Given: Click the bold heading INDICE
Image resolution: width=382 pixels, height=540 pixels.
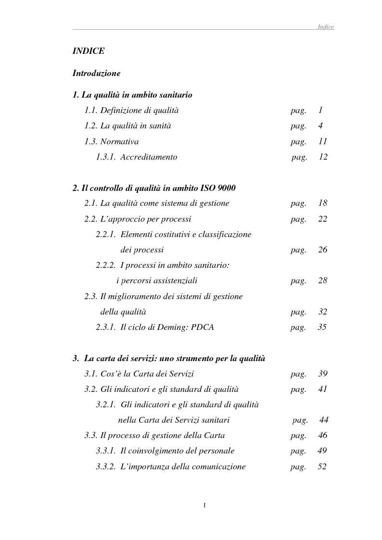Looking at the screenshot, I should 89,51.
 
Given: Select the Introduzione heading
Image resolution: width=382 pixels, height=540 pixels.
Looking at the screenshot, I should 96,74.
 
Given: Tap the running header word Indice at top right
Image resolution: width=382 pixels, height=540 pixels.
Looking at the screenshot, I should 326,27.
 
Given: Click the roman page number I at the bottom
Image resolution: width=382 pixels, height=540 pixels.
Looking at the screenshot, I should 204,505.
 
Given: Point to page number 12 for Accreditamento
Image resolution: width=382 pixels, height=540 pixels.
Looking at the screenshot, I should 323,157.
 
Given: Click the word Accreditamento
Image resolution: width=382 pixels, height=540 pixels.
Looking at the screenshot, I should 149,157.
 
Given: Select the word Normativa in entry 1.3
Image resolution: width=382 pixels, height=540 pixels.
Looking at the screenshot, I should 119,142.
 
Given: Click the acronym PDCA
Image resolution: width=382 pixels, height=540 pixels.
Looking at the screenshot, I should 202,327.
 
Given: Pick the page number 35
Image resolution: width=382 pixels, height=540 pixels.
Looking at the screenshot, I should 322,327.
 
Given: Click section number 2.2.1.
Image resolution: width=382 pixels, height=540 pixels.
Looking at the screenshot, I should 105,235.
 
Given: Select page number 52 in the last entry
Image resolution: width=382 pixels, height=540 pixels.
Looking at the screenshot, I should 322,467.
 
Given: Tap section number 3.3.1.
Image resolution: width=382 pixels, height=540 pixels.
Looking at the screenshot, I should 105,451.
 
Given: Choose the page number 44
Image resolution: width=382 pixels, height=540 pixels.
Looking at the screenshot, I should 324,420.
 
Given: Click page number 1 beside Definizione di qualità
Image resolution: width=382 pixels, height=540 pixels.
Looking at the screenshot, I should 320,111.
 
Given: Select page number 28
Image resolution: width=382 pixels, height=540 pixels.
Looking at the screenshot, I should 322,281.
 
